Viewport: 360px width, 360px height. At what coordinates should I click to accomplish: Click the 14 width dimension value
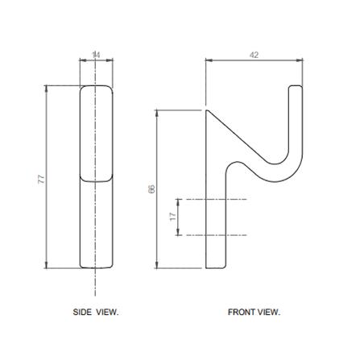tap(96, 55)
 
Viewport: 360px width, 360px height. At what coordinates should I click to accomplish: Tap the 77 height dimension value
tap(41, 179)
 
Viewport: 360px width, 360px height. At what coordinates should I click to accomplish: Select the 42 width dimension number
tap(254, 55)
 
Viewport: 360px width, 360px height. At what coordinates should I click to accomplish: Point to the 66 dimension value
tap(151, 189)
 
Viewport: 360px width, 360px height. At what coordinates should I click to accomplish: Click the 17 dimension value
tap(173, 217)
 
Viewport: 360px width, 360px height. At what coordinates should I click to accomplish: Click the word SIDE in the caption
tap(82, 312)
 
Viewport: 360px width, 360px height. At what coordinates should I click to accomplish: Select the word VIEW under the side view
tap(107, 312)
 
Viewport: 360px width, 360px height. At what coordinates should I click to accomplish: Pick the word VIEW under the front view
tap(269, 312)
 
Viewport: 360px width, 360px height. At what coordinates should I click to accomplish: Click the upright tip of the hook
tap(296, 86)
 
